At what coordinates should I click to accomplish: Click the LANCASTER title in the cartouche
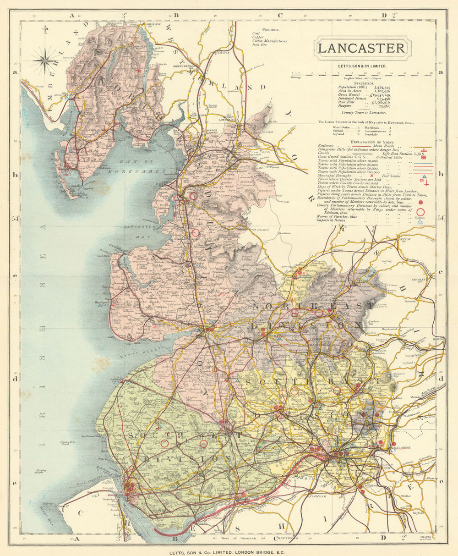[x=361, y=48]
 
